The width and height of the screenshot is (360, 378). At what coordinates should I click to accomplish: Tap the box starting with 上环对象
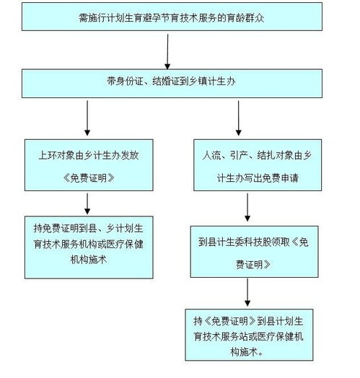[90, 164]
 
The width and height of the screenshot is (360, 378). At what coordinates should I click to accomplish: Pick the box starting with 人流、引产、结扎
[247, 164]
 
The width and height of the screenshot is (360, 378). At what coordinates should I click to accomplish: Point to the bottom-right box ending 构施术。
[247, 333]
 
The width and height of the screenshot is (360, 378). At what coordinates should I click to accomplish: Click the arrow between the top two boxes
[168, 50]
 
